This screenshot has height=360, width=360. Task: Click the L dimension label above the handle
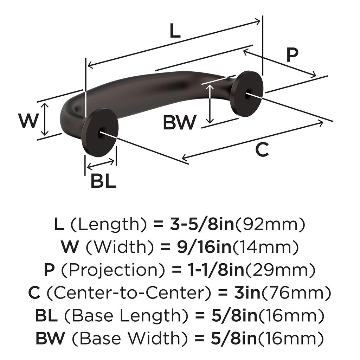175,31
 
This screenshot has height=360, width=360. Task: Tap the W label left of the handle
28,121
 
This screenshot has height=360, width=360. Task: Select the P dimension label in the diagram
292,55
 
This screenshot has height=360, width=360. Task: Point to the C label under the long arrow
262,150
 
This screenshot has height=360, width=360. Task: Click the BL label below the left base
103,181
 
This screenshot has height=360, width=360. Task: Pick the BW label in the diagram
179,123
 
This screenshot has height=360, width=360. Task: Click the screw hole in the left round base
102,133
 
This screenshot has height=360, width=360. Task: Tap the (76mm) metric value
295,293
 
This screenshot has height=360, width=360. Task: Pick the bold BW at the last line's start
50,338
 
